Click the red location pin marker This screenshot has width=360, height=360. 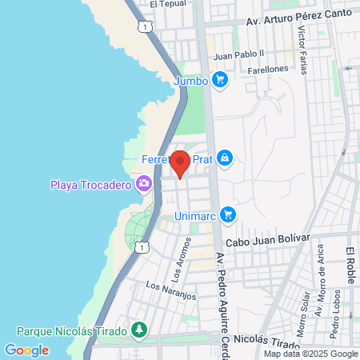181,163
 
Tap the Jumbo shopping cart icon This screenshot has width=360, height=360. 221,80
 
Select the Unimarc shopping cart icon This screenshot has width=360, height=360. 228,214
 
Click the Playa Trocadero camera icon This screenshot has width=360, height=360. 144,186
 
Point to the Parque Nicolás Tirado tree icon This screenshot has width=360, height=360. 139,330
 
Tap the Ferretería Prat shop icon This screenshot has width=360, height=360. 226,159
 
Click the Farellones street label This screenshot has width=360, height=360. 268,70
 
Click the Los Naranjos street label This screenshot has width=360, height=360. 171,290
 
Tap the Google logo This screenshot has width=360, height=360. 26,350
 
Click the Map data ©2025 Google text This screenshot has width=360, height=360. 311,354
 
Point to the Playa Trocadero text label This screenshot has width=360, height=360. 90,186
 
